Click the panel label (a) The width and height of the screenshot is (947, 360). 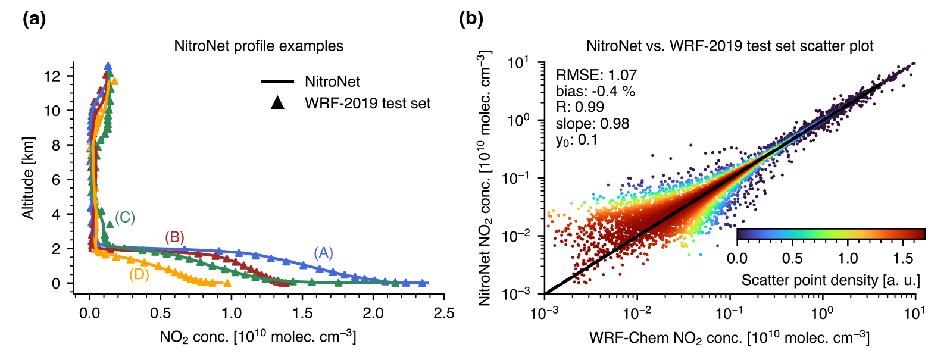click(x=34, y=19)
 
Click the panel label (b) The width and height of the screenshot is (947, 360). click(x=471, y=19)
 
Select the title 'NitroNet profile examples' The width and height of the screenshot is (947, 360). click(x=258, y=46)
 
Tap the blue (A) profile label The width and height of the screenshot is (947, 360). click(x=323, y=253)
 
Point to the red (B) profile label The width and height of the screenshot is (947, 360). click(x=174, y=237)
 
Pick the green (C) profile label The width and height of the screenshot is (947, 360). click(x=125, y=218)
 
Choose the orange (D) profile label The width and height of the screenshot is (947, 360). click(x=139, y=274)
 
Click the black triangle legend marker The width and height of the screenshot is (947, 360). click(x=277, y=103)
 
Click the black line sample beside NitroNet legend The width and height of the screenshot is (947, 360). click(x=277, y=82)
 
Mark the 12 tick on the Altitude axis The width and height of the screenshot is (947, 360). click(x=52, y=76)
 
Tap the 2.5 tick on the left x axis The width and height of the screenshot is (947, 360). click(x=443, y=313)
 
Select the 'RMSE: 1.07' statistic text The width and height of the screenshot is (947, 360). click(x=596, y=75)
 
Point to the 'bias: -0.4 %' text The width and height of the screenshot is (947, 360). click(x=595, y=91)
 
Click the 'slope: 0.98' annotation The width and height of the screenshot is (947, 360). click(x=592, y=124)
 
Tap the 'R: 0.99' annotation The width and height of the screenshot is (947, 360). click(x=580, y=107)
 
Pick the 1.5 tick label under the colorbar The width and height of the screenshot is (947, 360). click(x=903, y=258)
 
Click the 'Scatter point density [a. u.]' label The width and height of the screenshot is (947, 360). click(x=830, y=280)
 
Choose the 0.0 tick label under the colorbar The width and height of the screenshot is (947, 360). click(x=737, y=258)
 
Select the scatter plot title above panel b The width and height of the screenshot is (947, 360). click(x=730, y=46)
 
